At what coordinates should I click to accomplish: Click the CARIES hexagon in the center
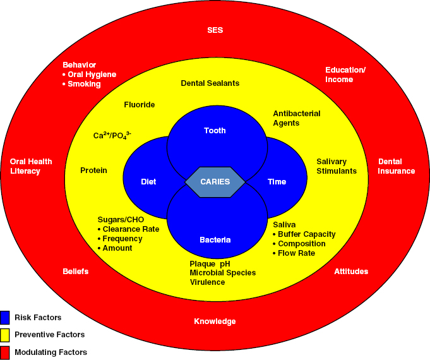tap(215, 181)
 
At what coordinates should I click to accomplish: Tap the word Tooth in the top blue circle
tap(215, 131)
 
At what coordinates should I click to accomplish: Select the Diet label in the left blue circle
tap(148, 182)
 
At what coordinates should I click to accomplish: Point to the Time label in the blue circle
tap(277, 182)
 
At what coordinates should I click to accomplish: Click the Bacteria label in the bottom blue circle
tap(215, 240)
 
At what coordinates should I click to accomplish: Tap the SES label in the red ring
tap(215, 30)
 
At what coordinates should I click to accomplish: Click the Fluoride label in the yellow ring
tap(139, 105)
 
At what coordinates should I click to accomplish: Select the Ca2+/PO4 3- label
tap(112, 136)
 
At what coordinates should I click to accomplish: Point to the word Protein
tap(93, 171)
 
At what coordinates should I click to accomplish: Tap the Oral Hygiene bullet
tap(92, 75)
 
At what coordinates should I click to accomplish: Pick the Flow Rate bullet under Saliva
tap(296, 253)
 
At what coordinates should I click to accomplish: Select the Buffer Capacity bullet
tap(306, 234)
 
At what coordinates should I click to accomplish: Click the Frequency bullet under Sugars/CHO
tap(122, 239)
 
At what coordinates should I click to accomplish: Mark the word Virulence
tap(207, 282)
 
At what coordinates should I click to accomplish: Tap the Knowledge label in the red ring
tap(215, 321)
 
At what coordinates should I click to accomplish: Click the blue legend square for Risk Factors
tap(6, 316)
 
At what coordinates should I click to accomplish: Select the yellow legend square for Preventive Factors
tap(6, 334)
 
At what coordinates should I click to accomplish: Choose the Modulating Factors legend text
tap(52, 352)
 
